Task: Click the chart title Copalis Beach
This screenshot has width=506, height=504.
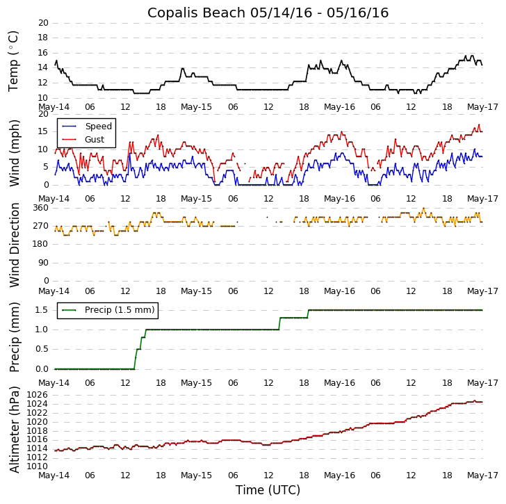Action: (x=268, y=13)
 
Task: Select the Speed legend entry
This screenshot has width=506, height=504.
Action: (x=98, y=127)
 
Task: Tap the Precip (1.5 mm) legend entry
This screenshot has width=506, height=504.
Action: (x=119, y=310)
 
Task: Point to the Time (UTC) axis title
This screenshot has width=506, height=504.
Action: (x=268, y=490)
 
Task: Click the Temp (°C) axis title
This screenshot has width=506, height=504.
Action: (x=14, y=60)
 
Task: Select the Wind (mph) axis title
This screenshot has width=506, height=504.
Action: (x=14, y=152)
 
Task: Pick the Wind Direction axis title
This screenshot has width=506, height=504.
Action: (x=14, y=245)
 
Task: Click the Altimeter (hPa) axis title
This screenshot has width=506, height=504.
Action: (x=14, y=429)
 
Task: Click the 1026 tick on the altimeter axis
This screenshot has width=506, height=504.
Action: (x=38, y=395)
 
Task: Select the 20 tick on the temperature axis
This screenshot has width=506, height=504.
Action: (x=43, y=23)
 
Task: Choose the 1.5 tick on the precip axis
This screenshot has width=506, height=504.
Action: (x=41, y=310)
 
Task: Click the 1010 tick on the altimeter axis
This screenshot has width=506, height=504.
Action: (x=38, y=466)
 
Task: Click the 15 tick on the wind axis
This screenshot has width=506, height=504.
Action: (x=43, y=131)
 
